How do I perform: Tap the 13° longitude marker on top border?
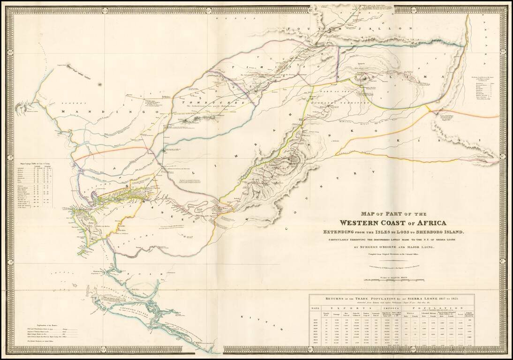tap(104, 10)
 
